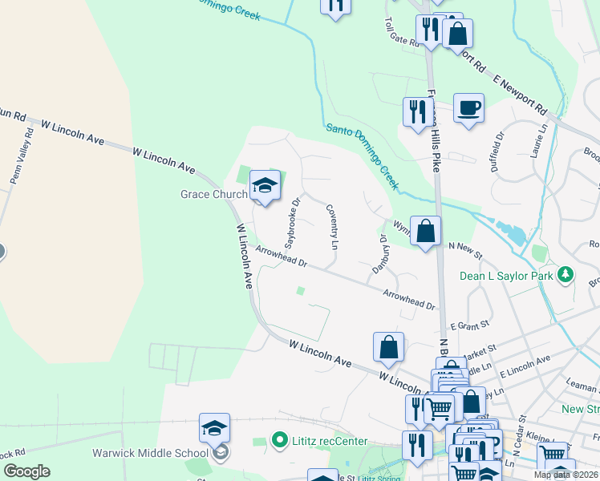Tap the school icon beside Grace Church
click(x=265, y=187)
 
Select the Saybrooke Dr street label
click(x=292, y=222)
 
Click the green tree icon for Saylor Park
click(x=566, y=275)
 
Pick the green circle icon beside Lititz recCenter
click(x=279, y=439)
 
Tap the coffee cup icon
click(x=468, y=107)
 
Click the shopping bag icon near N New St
click(x=425, y=230)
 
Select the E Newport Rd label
click(x=520, y=93)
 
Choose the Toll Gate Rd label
click(x=402, y=34)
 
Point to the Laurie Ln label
click(x=542, y=149)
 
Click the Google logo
click(x=26, y=471)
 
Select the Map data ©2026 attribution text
click(x=565, y=475)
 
